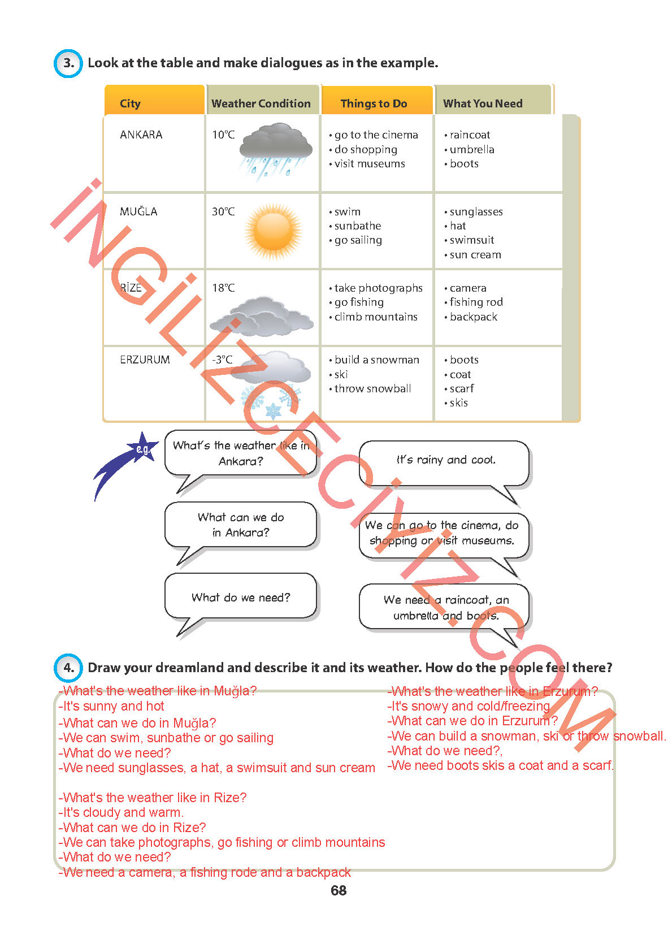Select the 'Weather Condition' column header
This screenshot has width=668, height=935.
coord(261,103)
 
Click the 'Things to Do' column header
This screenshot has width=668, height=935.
coord(374,103)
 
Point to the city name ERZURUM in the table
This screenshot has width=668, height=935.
coord(145,360)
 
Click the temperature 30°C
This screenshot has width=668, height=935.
coord(223,211)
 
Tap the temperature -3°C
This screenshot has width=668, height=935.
coord(222,360)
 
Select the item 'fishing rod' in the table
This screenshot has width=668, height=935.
coord(476,302)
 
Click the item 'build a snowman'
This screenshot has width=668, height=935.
coord(376,360)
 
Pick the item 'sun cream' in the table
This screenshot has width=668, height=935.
coord(475,255)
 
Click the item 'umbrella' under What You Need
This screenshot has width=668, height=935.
coord(472,149)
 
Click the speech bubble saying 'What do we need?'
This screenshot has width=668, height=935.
coord(241,597)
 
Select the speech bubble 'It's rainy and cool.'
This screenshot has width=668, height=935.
coord(445,460)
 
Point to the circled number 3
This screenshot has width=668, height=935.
coord(68,63)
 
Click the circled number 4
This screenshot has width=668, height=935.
coord(68,668)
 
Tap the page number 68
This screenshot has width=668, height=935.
coord(339,890)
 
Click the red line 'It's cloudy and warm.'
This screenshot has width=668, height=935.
coord(122,812)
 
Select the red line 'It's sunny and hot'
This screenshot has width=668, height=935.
coord(112,706)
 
